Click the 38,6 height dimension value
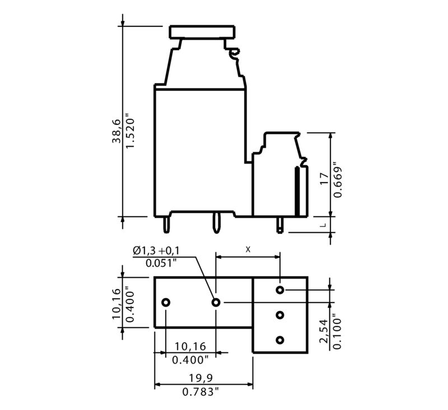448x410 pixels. click(116, 131)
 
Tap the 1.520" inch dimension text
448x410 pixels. click(130, 131)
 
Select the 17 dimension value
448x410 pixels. click(324, 179)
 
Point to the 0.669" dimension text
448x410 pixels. click(337, 179)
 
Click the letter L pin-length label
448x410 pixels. click(323, 225)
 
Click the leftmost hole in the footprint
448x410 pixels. click(166, 302)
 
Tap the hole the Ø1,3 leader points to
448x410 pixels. click(216, 302)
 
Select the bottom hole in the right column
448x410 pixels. click(280, 340)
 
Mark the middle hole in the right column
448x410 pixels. click(280, 315)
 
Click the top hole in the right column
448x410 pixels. click(280, 290)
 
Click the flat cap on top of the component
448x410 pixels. click(202, 31)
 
